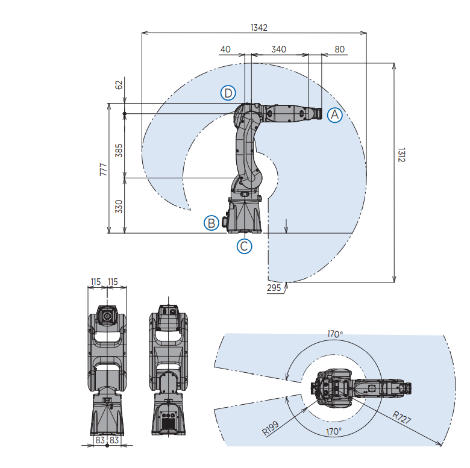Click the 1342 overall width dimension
(x=258, y=27)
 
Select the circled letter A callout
(x=335, y=114)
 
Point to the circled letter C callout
(x=244, y=246)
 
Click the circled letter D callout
(x=228, y=93)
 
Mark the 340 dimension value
(x=278, y=49)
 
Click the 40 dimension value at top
(x=225, y=49)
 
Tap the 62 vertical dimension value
(x=119, y=85)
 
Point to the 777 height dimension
(x=102, y=169)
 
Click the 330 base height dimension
(x=119, y=207)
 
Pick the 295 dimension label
(x=274, y=288)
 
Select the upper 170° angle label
(x=334, y=334)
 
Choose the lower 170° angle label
(x=334, y=432)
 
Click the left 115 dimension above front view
(x=95, y=281)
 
